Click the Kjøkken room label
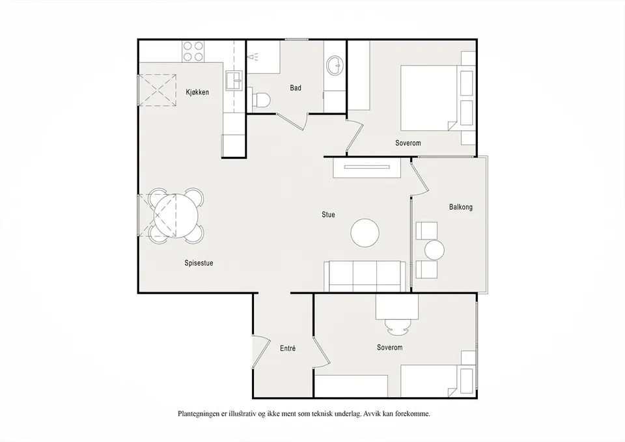coord(197,92)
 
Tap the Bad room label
coord(296,88)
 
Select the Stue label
coord(328,214)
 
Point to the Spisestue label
coord(199,263)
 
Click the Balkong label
coord(461,207)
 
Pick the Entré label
coord(288,348)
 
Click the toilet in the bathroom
coord(262,100)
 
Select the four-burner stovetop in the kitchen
coord(194,51)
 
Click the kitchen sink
coord(234,81)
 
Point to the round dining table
coord(176,215)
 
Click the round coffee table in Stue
coord(365,233)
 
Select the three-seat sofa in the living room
coord(365,277)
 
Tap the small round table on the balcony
coord(434,251)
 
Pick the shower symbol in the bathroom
coord(253,57)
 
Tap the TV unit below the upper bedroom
coord(367,168)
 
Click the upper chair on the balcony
coord(426,231)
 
